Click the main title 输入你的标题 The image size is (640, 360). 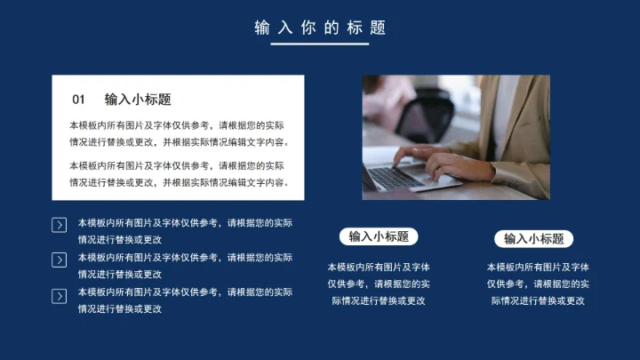point(320,28)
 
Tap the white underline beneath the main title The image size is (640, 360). point(320,44)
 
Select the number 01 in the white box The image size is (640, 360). point(79,100)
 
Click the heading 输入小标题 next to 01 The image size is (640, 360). point(138,100)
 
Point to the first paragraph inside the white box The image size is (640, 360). point(178,133)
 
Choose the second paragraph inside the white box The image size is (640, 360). point(178,173)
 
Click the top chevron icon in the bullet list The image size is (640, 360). point(60,226)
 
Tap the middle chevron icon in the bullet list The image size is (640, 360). point(60,260)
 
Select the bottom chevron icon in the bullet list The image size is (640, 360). point(60,296)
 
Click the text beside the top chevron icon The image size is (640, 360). point(185,230)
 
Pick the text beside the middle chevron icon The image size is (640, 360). point(185,265)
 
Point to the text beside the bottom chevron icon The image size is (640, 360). point(185,300)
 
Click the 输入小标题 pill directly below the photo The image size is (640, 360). point(379,236)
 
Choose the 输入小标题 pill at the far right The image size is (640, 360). point(533,238)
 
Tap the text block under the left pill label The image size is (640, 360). point(379,283)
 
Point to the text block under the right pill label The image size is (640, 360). point(538,283)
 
